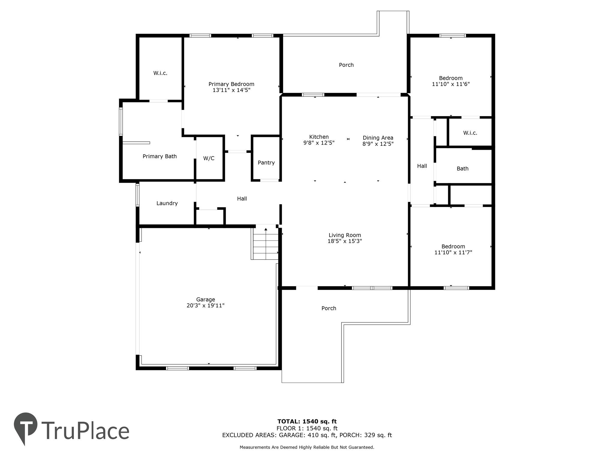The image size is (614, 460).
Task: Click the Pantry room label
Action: [x=266, y=163]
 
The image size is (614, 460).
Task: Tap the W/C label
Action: [x=209, y=158]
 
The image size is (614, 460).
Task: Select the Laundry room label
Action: [x=167, y=203]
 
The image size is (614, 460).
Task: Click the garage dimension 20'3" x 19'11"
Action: [x=205, y=305]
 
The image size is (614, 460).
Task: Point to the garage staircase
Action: [x=265, y=244]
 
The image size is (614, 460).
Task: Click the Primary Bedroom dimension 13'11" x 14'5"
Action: [x=231, y=90]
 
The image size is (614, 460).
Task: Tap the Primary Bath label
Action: [x=159, y=156]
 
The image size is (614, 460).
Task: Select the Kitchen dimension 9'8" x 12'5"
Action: [x=319, y=143]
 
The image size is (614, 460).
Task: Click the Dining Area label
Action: [x=378, y=138]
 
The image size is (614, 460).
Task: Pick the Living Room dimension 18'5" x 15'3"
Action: [x=344, y=241]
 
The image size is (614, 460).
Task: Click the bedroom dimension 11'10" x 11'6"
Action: [x=451, y=84]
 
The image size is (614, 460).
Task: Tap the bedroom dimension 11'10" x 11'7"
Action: [x=453, y=252]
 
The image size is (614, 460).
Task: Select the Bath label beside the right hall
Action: [x=462, y=169]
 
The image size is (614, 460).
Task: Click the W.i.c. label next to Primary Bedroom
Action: [x=160, y=73]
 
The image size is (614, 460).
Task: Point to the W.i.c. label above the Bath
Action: [x=470, y=133]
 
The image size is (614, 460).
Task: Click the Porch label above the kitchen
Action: [x=346, y=65]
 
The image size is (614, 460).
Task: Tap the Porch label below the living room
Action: [x=329, y=308]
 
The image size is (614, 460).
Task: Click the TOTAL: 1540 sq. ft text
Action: [x=307, y=421]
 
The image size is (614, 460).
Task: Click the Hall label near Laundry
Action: [x=242, y=199]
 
